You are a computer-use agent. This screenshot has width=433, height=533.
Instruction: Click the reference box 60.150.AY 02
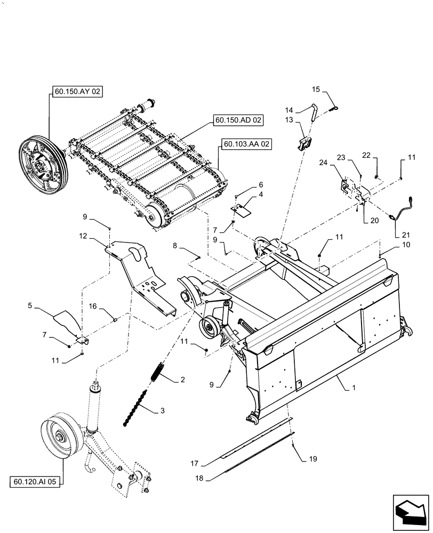77,92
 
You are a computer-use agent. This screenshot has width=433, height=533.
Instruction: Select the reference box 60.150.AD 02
238,120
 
